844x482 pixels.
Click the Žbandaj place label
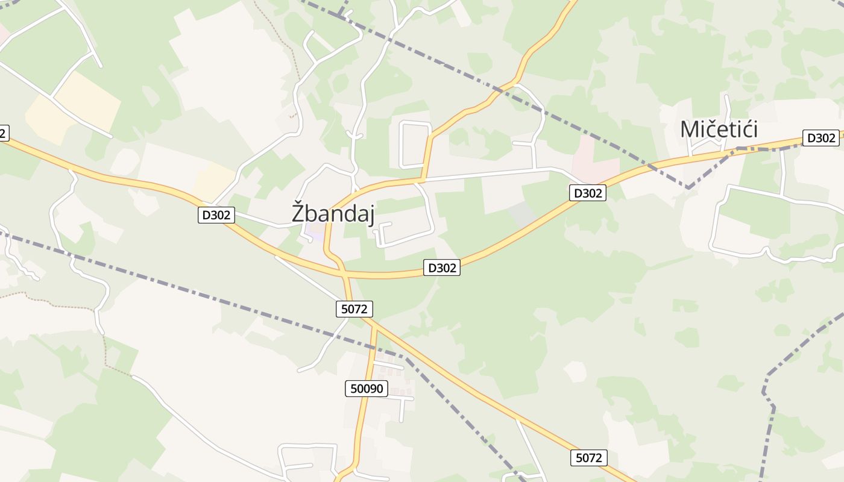pyautogui.click(x=333, y=213)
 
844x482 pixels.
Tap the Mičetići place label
pyautogui.click(x=719, y=130)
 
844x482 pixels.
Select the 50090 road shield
pyautogui.click(x=367, y=389)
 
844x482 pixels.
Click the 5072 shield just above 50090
pyautogui.click(x=354, y=309)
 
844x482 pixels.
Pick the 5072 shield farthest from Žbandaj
pyautogui.click(x=588, y=458)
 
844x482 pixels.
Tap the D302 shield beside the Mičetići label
pyautogui.click(x=820, y=138)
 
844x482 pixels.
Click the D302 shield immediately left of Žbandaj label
pyautogui.click(x=216, y=215)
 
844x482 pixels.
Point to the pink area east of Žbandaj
pyautogui.click(x=594, y=154)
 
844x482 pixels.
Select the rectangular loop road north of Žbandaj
pyautogui.click(x=415, y=145)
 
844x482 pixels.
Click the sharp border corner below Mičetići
pyautogui.click(x=688, y=188)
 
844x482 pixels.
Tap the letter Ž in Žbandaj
pyautogui.click(x=298, y=213)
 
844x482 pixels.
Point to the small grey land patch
pyautogui.click(x=521, y=214)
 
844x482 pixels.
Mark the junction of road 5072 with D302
pyautogui.click(x=345, y=275)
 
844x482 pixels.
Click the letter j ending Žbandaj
pyautogui.click(x=371, y=214)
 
